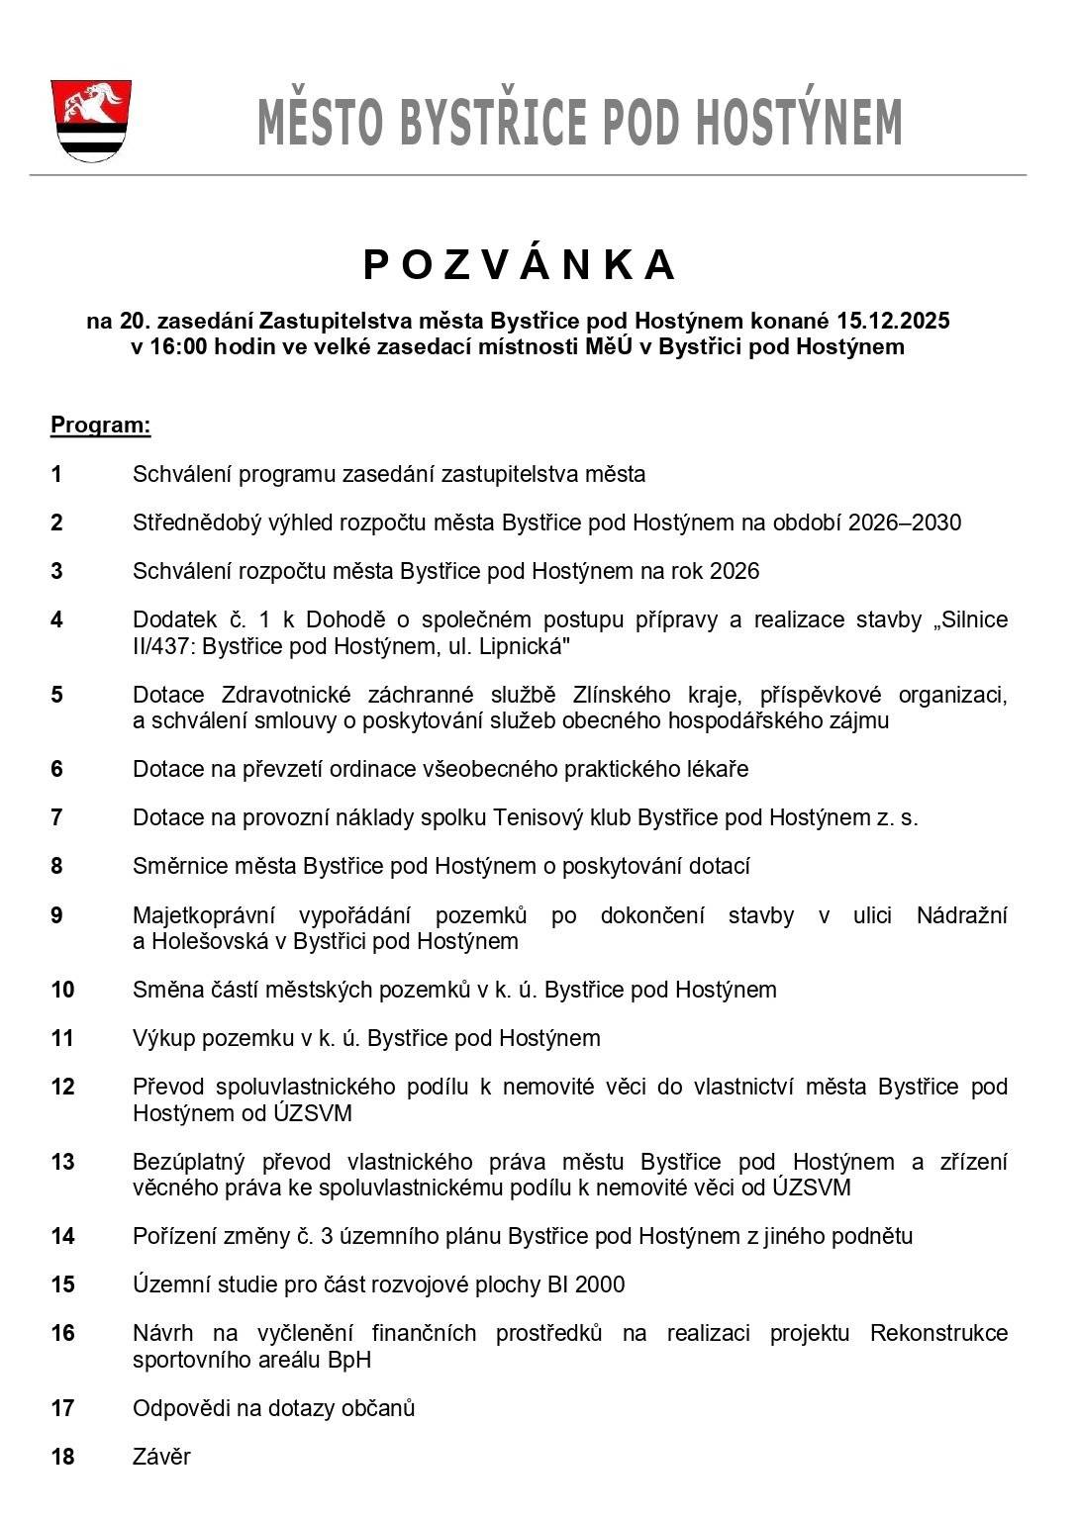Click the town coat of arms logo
(x=91, y=121)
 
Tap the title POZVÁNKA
(x=520, y=265)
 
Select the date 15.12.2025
(x=893, y=321)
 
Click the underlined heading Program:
(x=101, y=426)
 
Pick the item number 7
(x=57, y=818)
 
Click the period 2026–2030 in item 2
(x=904, y=523)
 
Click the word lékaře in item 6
(x=718, y=769)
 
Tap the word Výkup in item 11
(x=163, y=1039)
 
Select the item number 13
(x=62, y=1162)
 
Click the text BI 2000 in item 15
(x=586, y=1284)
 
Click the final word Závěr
(x=161, y=1457)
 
